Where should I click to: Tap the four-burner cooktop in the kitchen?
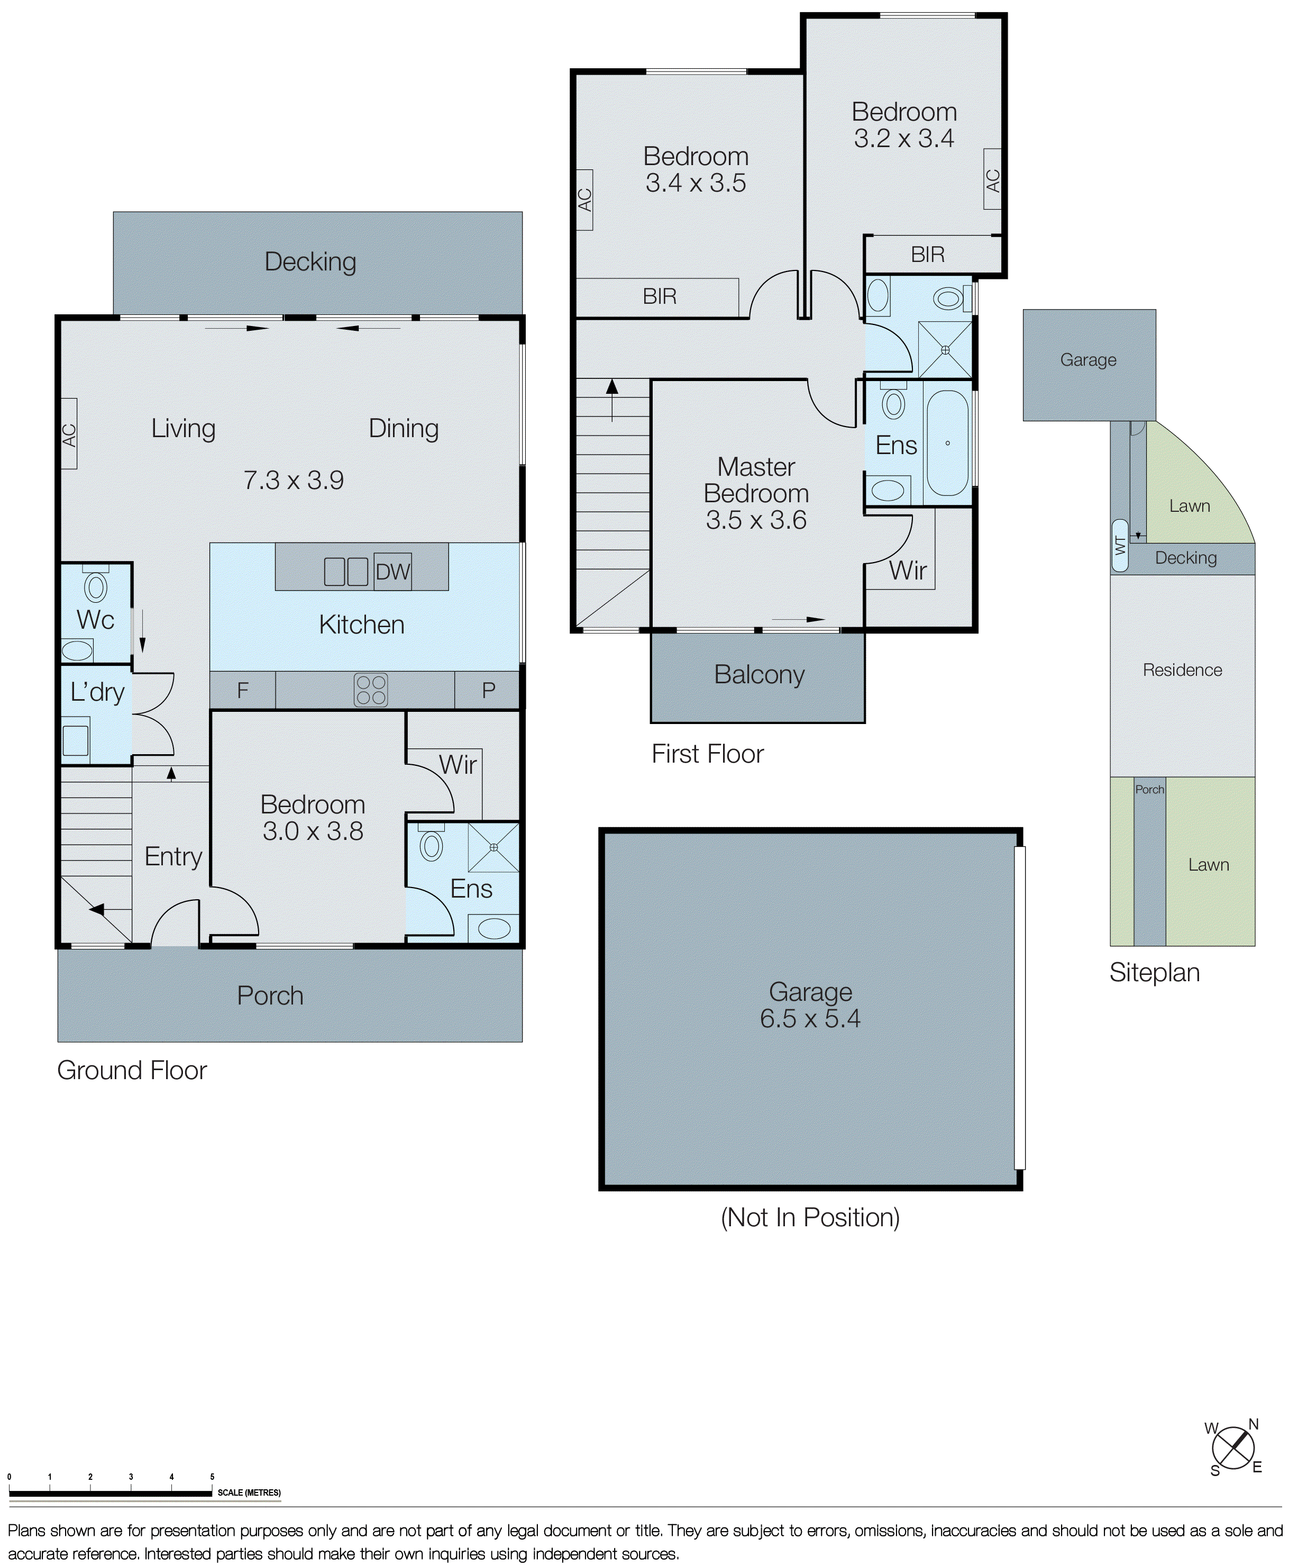(x=370, y=689)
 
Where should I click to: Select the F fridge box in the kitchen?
(x=243, y=690)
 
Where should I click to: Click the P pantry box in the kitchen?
(x=488, y=690)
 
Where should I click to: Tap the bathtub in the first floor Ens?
(x=947, y=444)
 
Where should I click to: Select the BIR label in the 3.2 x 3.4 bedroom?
(x=927, y=255)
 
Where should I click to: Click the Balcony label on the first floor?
(x=759, y=674)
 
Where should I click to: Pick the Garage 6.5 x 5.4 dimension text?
(x=810, y=1018)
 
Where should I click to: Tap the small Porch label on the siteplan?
(x=1149, y=790)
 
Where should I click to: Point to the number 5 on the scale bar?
(x=212, y=1477)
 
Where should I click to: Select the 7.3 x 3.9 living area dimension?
(x=294, y=481)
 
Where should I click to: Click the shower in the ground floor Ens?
(x=493, y=847)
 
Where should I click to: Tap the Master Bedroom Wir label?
(x=907, y=571)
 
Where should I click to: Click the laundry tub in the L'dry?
(x=76, y=740)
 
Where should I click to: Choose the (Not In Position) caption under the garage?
(x=810, y=1217)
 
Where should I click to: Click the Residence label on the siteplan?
(x=1182, y=670)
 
